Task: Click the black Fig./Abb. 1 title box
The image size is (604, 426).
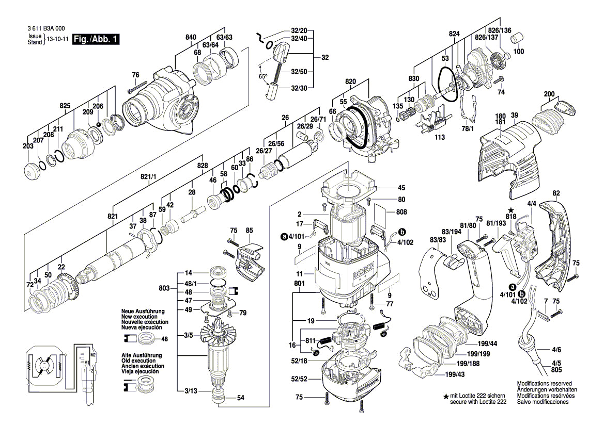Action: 96,39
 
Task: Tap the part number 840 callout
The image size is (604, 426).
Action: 191,37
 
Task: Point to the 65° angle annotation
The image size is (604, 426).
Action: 264,77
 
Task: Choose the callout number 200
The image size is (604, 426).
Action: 549,94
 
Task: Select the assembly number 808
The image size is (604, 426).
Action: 401,211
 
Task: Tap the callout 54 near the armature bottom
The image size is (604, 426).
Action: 240,398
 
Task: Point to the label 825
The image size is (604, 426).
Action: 65,106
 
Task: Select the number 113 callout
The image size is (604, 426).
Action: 439,138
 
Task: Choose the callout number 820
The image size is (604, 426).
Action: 351,82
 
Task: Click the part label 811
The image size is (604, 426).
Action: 310,341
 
